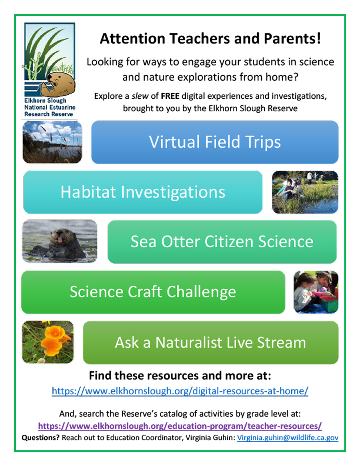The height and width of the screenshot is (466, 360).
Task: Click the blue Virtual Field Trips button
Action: [x=215, y=142]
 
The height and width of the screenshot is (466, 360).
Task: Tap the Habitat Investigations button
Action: [x=143, y=192]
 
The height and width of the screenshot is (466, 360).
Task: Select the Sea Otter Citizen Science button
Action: [x=222, y=242]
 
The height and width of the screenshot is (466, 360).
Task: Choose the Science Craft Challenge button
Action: [x=153, y=292]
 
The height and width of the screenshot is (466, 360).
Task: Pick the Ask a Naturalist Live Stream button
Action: [x=211, y=342]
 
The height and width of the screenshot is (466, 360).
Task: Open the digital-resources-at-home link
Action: [x=180, y=391]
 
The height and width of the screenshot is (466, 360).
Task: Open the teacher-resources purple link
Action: [x=180, y=426]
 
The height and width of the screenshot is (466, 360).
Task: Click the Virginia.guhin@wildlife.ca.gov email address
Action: [x=288, y=438]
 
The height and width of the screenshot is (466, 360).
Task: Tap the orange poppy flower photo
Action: [x=48, y=342]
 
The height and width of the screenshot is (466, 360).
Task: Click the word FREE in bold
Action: [x=170, y=96]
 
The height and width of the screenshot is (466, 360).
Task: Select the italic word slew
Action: [x=140, y=96]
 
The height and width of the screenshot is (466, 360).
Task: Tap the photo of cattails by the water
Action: [x=52, y=142]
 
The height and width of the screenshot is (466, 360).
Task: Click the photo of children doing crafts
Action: [x=316, y=292]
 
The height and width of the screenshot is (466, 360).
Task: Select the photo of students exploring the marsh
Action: [x=305, y=192]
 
